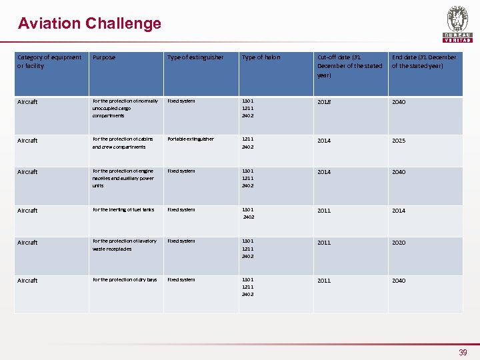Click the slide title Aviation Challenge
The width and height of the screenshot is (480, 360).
click(89, 23)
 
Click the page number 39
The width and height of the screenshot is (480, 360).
click(463, 352)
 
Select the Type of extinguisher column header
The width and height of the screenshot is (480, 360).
click(195, 57)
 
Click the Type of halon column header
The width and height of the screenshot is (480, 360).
click(261, 57)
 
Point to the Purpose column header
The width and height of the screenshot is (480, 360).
click(104, 57)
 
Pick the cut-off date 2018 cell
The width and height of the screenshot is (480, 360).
click(324, 102)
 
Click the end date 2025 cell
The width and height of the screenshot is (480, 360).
click(399, 141)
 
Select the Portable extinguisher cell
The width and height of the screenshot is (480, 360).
click(191, 139)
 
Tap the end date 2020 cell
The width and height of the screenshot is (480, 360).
click(399, 243)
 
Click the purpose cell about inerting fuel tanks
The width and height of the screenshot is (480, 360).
click(123, 210)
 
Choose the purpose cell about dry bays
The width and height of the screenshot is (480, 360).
click(125, 280)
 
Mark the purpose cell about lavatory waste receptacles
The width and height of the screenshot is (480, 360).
click(125, 245)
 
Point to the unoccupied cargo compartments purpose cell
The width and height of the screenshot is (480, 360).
click(125, 108)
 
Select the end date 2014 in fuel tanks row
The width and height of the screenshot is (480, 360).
click(399, 211)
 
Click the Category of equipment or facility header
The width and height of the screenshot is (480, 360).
click(49, 61)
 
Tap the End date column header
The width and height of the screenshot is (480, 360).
click(424, 61)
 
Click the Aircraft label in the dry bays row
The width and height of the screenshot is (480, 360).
click(27, 281)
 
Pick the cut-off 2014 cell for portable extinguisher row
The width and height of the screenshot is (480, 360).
click(324, 141)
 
